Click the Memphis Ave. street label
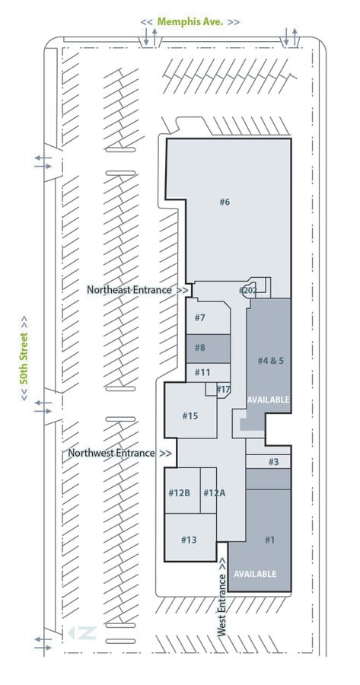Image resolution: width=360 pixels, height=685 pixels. tap(190, 22)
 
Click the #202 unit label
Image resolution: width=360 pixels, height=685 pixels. tap(247, 290)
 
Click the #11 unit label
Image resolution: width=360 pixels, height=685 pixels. tap(202, 373)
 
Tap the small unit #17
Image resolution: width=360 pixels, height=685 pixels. tap(223, 389)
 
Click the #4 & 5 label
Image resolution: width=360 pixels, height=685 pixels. tap(270, 361)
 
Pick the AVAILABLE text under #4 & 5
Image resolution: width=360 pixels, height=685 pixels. tap(268, 400)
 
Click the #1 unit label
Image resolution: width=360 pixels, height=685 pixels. tap(269, 540)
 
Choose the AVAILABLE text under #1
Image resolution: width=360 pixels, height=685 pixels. tap(255, 574)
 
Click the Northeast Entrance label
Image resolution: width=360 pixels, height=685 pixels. tap(138, 290)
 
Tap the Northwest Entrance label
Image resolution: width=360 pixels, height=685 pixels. tap(119, 453)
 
